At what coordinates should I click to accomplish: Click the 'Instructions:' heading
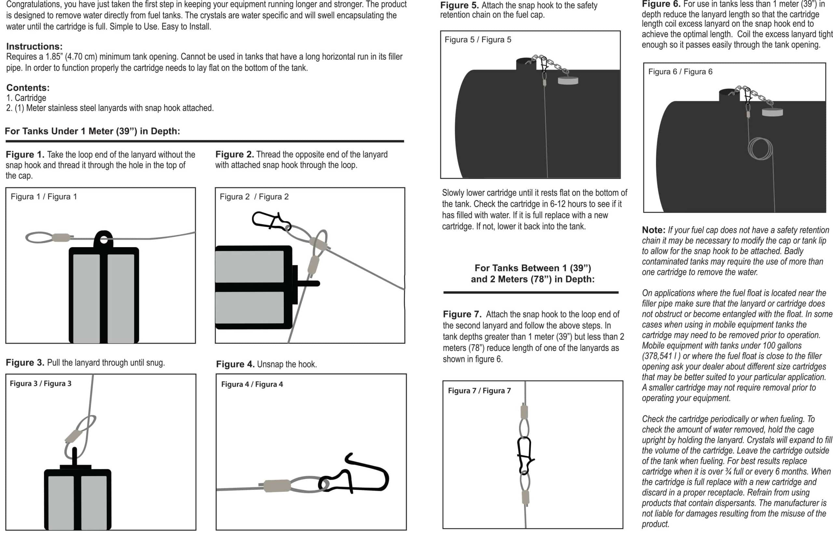point(34,46)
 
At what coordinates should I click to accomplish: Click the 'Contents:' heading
point(28,87)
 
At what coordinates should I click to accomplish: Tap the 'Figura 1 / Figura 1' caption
point(44,197)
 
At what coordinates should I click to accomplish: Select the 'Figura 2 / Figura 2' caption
point(254,197)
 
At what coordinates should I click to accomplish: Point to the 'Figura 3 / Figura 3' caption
point(40,383)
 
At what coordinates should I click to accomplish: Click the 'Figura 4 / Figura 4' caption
point(252,384)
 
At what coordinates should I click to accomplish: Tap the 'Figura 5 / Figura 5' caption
point(478,40)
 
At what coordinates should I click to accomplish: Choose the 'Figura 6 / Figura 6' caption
point(680,72)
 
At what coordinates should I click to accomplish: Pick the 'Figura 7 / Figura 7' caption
point(479,391)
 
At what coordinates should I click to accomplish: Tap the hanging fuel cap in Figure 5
point(568,81)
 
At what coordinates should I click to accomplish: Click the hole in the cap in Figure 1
point(104,239)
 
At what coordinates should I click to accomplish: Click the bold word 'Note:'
point(653,230)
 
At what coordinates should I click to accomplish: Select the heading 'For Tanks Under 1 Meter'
point(92,131)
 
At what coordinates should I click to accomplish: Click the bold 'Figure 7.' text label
point(462,314)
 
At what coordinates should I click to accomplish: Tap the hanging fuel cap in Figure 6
point(772,112)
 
